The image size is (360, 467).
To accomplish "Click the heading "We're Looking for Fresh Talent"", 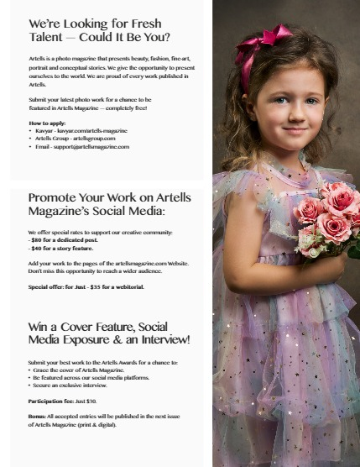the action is tap(99, 30).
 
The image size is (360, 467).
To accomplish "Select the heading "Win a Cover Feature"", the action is tap(109, 333).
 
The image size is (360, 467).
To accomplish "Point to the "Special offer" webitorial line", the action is tap(86, 286).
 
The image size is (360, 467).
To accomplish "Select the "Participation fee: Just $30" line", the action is tap(62, 401).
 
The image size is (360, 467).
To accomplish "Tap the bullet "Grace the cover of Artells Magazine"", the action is tap(81, 370).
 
